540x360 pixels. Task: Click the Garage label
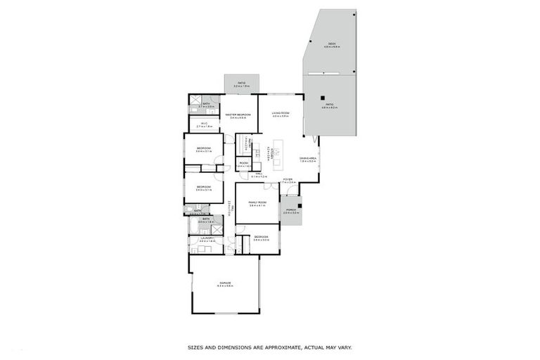tap(224, 283)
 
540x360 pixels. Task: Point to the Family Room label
tap(257, 202)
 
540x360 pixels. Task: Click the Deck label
tap(331, 44)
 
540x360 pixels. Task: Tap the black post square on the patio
tap(322, 97)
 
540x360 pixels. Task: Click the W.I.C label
tap(204, 124)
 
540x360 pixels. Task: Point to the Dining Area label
tap(308, 159)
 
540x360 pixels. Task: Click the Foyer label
tap(287, 179)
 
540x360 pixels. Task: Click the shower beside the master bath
tap(195, 100)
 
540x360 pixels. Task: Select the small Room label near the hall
tap(243, 163)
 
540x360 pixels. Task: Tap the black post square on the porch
tap(300, 206)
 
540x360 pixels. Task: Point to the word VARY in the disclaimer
tap(344, 347)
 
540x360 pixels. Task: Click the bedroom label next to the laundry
tap(260, 237)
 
